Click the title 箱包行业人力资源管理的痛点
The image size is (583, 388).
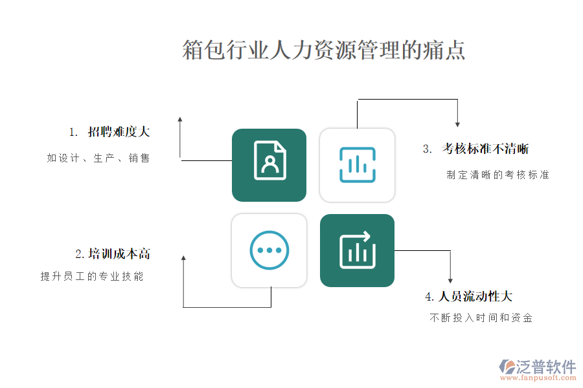323,50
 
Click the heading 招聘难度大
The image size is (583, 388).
119,132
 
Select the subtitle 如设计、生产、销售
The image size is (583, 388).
98,158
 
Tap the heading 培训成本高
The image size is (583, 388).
119,254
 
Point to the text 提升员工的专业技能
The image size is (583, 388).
92,276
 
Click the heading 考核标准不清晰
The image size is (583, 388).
485,149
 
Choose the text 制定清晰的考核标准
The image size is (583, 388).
498,175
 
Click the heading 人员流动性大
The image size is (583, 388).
475,296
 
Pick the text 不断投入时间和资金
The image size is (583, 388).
481,318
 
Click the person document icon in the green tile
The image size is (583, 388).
270,160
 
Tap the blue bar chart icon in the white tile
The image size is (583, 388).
358,165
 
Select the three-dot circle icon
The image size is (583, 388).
269,250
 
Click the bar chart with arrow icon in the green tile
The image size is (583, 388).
358,250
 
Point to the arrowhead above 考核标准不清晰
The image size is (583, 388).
457,124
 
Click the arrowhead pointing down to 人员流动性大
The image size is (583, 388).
450,281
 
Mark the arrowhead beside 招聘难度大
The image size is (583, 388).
180,120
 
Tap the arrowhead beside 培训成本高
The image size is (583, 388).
183,258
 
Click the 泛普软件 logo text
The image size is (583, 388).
546,367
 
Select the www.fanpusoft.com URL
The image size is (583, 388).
538,378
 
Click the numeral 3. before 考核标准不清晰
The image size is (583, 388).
428,149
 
